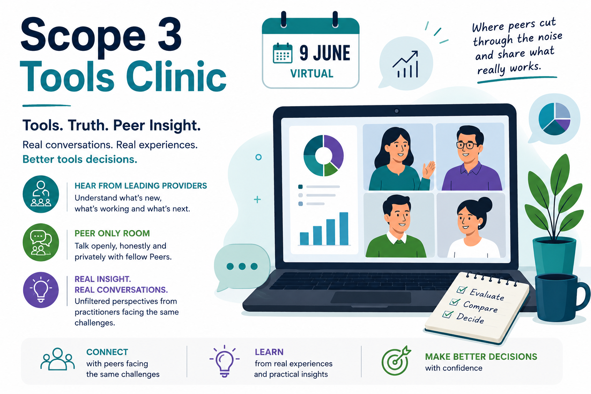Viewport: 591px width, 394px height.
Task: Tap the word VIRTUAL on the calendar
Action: pyautogui.click(x=312, y=73)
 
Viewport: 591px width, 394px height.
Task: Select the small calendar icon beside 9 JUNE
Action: pyautogui.click(x=282, y=53)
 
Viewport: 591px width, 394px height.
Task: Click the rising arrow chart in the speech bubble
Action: pyautogui.click(x=405, y=64)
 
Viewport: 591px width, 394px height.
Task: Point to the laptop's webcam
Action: pyautogui.click(x=396, y=111)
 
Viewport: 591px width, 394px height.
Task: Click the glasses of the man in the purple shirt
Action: pyautogui.click(x=466, y=145)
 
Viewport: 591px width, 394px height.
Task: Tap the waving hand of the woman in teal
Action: pyautogui.click(x=429, y=170)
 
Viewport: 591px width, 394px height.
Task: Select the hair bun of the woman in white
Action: pyautogui.click(x=485, y=204)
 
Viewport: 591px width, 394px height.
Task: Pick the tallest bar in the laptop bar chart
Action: pyautogui.click(x=344, y=229)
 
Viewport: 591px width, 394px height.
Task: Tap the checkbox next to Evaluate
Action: pyautogui.click(x=462, y=289)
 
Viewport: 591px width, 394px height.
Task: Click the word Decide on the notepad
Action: pyautogui.click(x=470, y=318)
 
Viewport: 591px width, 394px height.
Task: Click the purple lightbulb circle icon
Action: pyautogui.click(x=41, y=290)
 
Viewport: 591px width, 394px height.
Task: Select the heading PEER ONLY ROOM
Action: pyautogui.click(x=112, y=233)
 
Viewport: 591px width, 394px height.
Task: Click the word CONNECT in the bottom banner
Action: pyautogui.click(x=107, y=352)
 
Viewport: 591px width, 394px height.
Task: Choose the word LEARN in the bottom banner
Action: pyautogui.click(x=269, y=352)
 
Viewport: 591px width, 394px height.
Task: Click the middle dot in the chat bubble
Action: pyautogui.click(x=242, y=266)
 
